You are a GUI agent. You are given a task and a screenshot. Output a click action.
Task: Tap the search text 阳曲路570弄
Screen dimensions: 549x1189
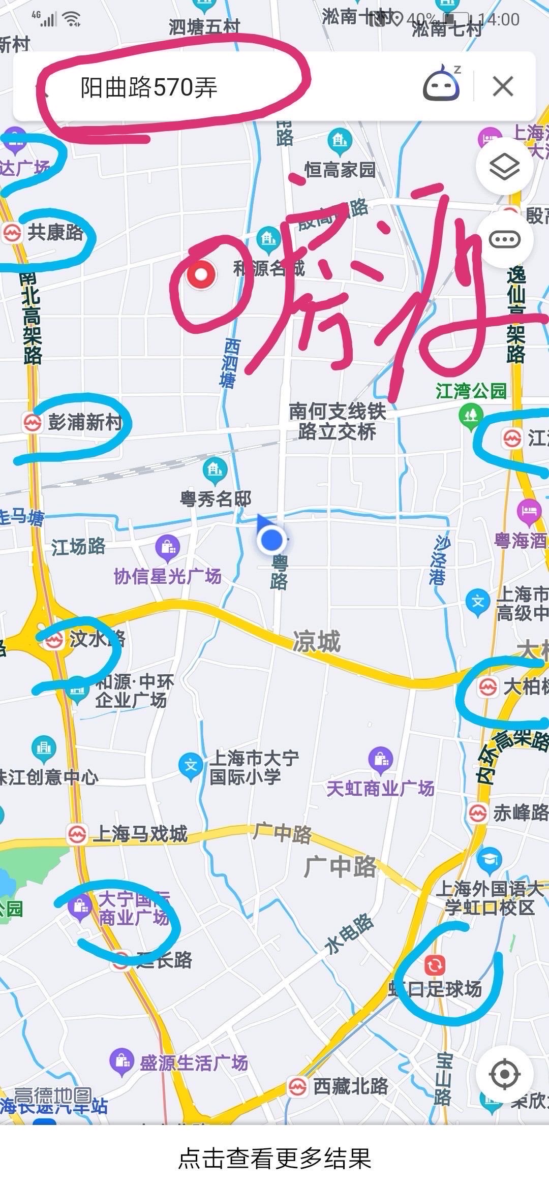148,87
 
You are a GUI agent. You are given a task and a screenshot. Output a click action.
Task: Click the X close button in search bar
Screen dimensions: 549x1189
503,86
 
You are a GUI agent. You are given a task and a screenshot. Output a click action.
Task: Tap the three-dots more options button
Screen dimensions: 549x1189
504,239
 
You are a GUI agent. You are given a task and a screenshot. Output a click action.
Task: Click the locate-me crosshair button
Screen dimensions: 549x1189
504,1074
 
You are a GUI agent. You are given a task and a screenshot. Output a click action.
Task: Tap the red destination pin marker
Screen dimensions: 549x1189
202,275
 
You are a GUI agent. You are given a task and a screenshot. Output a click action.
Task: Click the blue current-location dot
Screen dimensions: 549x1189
272,540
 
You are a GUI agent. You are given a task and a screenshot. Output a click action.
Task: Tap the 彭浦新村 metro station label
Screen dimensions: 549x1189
84,422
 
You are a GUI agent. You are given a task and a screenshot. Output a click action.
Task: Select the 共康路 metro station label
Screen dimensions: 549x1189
55,233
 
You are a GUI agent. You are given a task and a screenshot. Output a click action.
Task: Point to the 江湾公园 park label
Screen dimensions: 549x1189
471,391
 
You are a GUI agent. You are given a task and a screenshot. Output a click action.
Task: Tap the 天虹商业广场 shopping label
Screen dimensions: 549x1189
380,788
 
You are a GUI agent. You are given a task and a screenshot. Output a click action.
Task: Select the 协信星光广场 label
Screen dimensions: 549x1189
168,576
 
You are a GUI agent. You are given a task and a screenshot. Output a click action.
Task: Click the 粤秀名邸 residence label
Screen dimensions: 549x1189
216,498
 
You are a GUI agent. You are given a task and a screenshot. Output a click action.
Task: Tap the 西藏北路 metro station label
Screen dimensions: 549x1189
350,1086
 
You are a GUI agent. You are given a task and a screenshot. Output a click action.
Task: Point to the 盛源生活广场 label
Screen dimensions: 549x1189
193,1062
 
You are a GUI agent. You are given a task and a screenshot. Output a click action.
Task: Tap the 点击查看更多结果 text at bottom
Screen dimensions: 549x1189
274,1159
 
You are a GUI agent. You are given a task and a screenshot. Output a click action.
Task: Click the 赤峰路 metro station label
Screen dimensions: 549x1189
520,813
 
